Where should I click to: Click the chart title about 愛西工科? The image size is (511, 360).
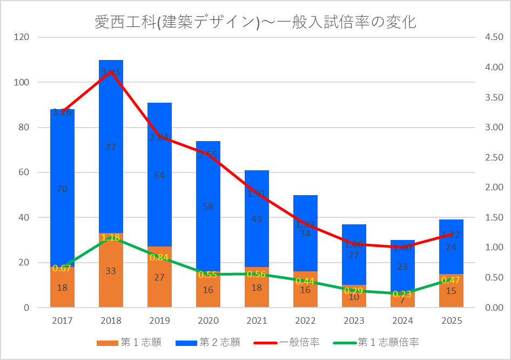tap(255, 22)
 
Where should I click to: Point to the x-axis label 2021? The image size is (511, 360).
tap(257, 321)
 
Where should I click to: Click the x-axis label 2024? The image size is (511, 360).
tap(402, 321)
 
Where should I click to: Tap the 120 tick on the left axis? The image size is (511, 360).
tap(22, 37)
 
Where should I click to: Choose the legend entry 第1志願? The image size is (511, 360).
tap(129, 342)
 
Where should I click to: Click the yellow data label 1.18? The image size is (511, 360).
tap(111, 238)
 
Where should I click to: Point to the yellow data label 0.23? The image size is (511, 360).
tap(402, 295)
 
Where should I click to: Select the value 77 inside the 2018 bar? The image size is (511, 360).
tap(111, 147)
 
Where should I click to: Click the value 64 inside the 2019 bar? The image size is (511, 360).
tap(159, 175)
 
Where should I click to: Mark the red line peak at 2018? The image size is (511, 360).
tap(111, 72)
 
